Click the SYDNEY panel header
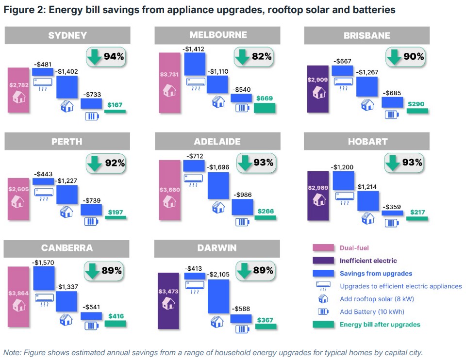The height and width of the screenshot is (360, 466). pos(67,35)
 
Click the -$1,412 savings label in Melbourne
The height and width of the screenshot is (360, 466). pos(194,49)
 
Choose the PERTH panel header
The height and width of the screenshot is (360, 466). pos(67,142)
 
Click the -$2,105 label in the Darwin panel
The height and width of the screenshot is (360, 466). pos(219,275)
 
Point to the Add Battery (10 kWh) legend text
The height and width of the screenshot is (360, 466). pos(372,312)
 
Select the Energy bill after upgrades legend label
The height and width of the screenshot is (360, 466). pos(380,325)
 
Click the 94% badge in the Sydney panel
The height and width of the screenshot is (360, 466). pos(106,57)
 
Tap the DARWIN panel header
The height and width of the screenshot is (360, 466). pos(217,248)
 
